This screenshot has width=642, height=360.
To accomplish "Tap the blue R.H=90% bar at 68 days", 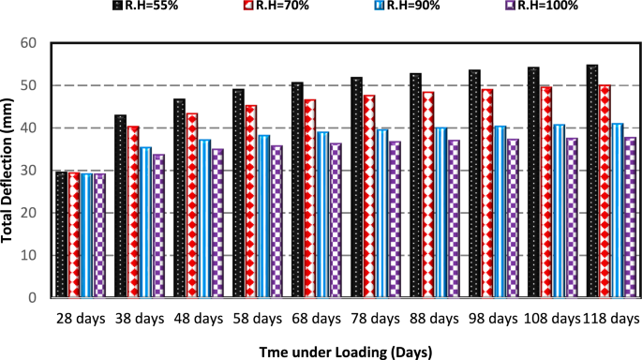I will point(322,215).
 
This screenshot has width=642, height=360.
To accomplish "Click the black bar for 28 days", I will point(61,234).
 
